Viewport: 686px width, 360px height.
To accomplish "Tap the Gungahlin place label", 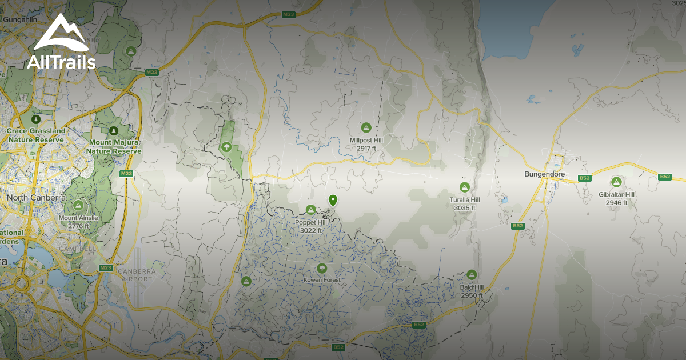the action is point(19,19).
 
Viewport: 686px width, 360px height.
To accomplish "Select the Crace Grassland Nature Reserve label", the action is point(36,135).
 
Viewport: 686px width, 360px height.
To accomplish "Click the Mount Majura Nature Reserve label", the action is point(114,146).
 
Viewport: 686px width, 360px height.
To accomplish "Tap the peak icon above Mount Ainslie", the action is point(78,205).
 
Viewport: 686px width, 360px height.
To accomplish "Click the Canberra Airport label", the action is point(137,274).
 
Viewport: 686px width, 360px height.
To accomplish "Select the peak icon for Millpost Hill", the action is point(366,127).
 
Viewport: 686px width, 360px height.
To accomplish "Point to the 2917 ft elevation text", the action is point(366,149).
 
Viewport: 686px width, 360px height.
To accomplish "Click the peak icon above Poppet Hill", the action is point(311,210).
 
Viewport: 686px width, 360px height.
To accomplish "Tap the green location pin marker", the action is point(333,200).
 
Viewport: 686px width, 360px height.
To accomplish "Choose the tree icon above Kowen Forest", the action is point(322,268).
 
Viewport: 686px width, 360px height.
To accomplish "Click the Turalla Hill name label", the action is point(464,201).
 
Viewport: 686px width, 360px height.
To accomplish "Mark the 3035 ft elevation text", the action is point(464,209).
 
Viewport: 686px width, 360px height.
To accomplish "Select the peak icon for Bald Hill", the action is point(472,275).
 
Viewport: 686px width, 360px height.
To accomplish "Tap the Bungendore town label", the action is point(544,174).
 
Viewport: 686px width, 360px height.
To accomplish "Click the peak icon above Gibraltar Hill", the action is point(616,182).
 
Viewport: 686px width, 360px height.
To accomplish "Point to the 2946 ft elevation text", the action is point(617,203).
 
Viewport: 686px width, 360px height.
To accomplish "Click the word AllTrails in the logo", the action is point(61,62).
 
